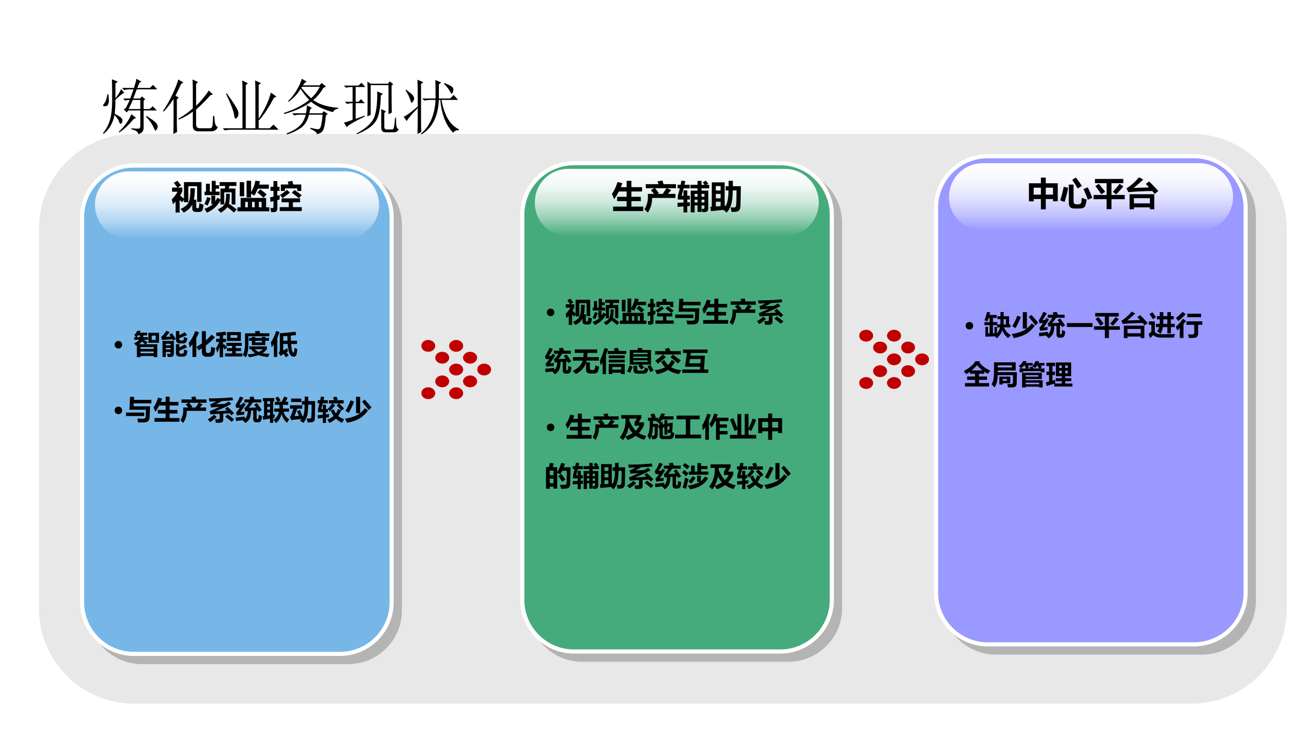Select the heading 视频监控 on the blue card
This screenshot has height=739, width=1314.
[x=237, y=197]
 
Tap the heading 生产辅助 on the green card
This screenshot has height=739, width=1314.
[x=677, y=197]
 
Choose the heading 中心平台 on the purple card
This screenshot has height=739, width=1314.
[x=1092, y=195]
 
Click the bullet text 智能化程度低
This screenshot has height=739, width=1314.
[x=216, y=344]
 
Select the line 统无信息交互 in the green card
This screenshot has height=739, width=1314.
[x=627, y=361]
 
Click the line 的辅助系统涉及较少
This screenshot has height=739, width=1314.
[x=667, y=476]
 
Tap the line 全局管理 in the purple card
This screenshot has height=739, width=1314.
[x=1018, y=375]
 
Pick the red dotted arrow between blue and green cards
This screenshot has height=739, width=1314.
[x=456, y=369]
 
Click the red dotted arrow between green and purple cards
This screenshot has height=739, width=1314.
[x=894, y=359]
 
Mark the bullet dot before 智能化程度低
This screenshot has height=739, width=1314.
[x=119, y=345]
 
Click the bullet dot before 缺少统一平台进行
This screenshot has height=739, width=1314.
[x=969, y=326]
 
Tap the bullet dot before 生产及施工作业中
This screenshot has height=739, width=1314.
[x=551, y=428]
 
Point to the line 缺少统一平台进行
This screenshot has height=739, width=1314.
[x=1093, y=325]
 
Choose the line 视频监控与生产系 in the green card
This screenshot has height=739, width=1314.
[x=674, y=312]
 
